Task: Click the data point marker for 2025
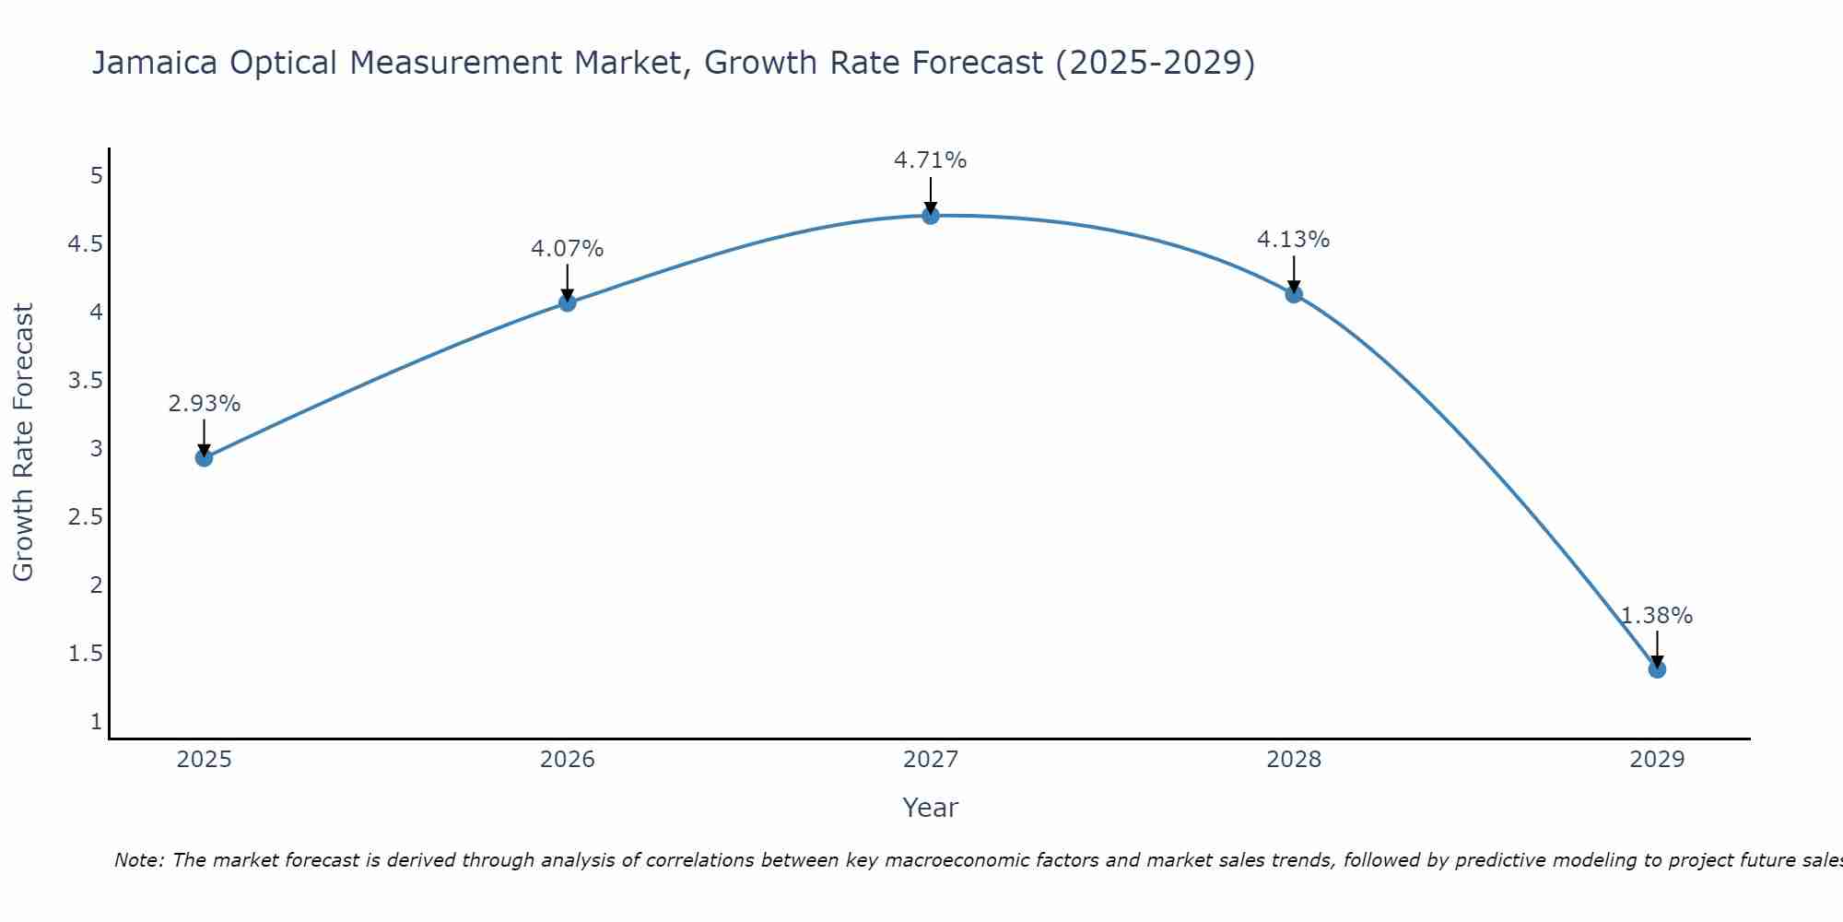(205, 457)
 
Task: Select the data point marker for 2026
(568, 302)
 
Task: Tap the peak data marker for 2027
(931, 216)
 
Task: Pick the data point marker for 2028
(1294, 294)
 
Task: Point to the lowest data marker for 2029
(1657, 668)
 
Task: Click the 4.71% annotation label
(931, 160)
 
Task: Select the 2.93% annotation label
(205, 403)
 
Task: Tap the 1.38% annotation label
(1657, 615)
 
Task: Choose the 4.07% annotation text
(568, 248)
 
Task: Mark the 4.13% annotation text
(1294, 239)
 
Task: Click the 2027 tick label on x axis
(931, 760)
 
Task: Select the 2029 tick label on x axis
(1657, 760)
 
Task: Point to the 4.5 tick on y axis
(86, 244)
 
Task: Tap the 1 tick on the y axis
(96, 721)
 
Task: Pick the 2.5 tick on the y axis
(86, 517)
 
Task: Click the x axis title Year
(931, 808)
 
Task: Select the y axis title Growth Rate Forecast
(23, 442)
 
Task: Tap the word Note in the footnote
(138, 860)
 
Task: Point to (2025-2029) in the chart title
(1155, 63)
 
